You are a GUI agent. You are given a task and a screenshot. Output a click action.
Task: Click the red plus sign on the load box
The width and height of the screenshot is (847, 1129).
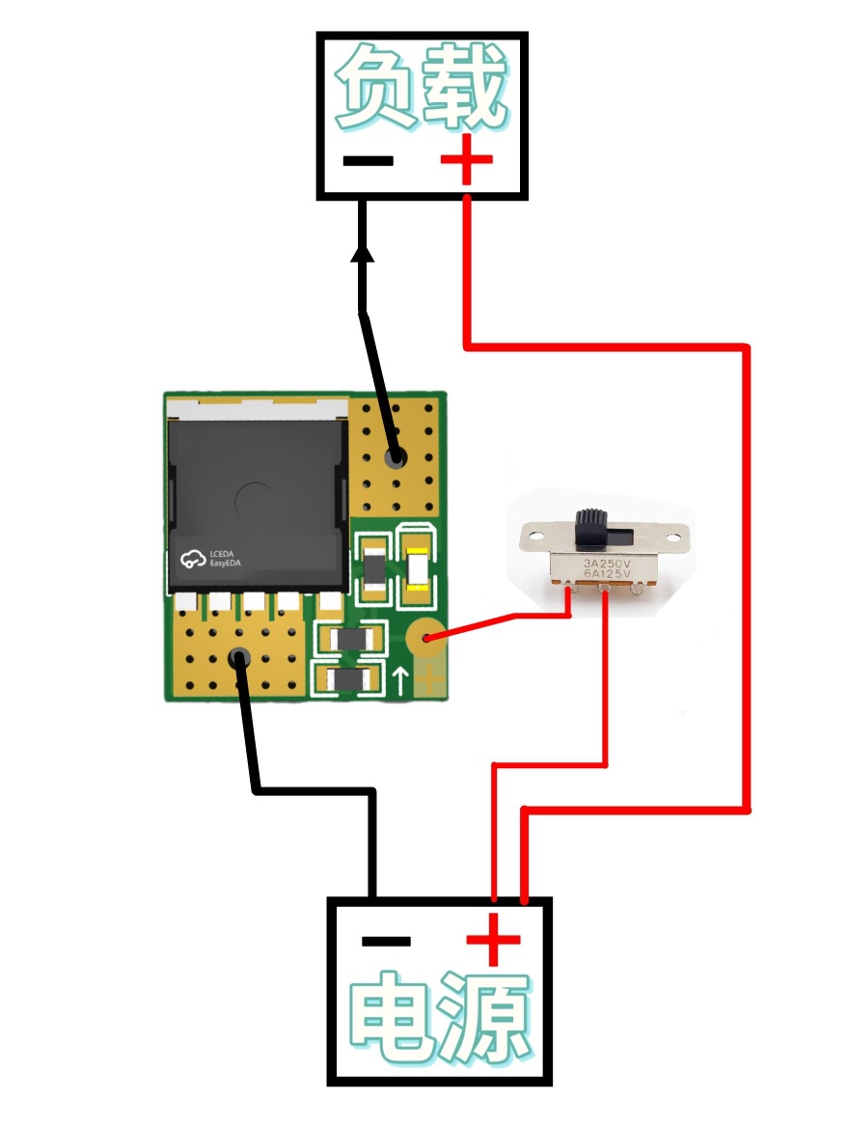point(467,159)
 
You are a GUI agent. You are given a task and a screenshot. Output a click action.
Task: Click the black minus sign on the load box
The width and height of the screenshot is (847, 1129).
point(368,160)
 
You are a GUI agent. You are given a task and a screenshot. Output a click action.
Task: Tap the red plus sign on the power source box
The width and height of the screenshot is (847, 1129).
point(493,939)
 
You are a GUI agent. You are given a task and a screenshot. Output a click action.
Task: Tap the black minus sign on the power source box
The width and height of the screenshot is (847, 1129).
point(386,941)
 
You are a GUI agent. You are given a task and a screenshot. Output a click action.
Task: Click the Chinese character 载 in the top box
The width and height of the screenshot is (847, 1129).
point(464,85)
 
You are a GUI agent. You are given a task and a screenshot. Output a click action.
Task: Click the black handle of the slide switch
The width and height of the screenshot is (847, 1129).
point(590,527)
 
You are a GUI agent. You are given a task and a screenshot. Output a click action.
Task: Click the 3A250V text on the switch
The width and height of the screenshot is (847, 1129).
point(607,563)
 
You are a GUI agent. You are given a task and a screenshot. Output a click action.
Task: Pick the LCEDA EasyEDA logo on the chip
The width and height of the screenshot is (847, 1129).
point(209,559)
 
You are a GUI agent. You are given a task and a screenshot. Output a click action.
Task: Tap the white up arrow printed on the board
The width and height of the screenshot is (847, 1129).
point(400,680)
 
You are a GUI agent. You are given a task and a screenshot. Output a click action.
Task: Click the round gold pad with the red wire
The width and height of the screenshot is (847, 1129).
point(426,638)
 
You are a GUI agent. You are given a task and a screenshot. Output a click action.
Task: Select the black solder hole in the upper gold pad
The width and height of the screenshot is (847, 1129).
point(394,456)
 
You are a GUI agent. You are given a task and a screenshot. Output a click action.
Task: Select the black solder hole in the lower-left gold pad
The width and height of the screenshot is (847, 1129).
point(239,657)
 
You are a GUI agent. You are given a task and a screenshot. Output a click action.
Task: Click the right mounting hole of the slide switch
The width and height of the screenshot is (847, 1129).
point(672,537)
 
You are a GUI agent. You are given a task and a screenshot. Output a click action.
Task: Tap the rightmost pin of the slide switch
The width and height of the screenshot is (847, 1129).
point(637,590)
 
